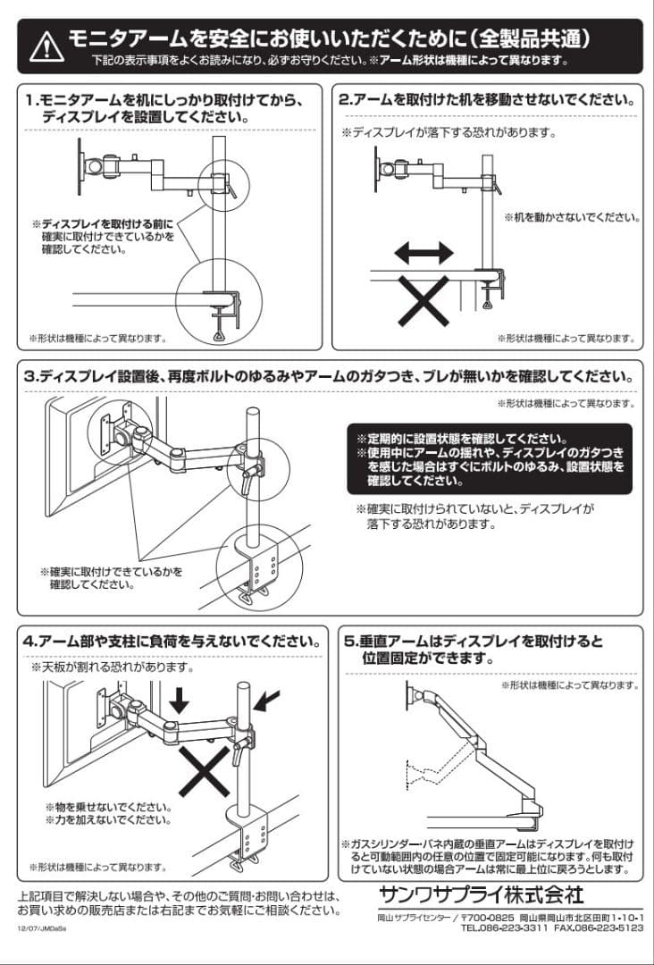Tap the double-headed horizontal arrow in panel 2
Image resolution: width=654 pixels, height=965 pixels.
click(x=424, y=255)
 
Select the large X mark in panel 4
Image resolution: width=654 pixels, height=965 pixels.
click(x=204, y=770)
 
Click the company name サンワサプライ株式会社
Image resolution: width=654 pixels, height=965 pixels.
click(x=481, y=894)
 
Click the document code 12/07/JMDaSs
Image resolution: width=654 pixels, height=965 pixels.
click(x=41, y=929)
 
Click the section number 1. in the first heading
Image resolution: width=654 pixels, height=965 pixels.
click(x=31, y=100)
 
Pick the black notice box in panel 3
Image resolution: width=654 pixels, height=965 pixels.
click(x=489, y=459)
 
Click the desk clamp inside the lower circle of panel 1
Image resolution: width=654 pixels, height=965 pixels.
click(x=219, y=308)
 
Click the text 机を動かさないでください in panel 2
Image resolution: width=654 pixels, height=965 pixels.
click(x=572, y=217)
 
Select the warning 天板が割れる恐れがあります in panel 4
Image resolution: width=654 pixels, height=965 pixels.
click(x=113, y=667)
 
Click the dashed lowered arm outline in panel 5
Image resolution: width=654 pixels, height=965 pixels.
click(x=438, y=764)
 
